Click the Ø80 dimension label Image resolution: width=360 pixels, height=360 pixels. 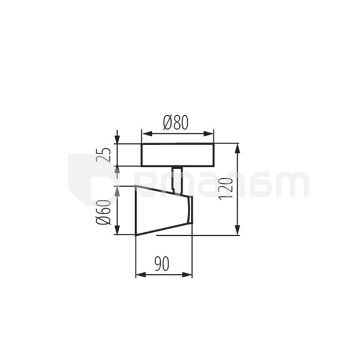(x=176, y=122)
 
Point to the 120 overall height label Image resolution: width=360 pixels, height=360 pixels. (x=226, y=188)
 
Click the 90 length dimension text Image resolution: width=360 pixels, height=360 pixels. (x=161, y=263)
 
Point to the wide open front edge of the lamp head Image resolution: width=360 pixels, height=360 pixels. (x=137, y=211)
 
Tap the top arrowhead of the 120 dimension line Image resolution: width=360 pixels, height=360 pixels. (x=238, y=147)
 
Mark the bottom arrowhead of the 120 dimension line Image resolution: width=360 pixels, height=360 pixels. (x=238, y=231)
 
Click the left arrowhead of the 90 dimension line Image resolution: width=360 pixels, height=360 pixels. (x=139, y=275)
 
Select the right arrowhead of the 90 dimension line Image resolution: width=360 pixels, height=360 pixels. (x=189, y=275)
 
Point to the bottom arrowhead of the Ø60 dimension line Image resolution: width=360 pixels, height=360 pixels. (x=118, y=232)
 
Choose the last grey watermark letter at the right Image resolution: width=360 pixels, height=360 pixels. (x=294, y=185)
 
